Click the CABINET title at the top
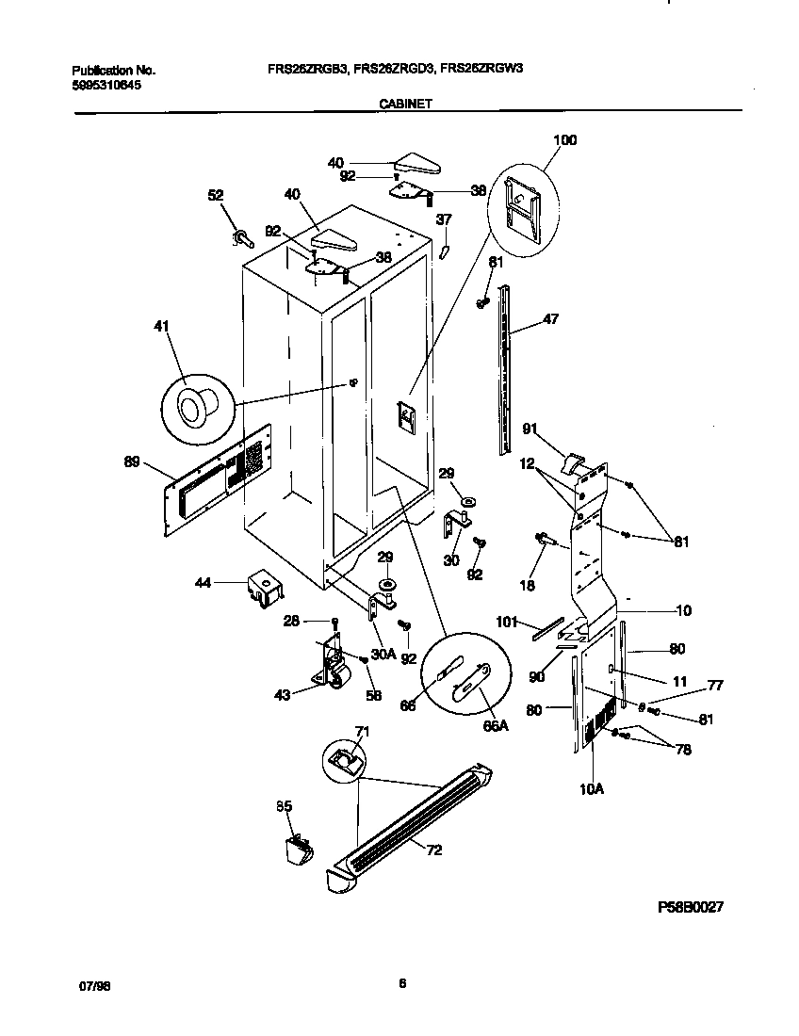pyautogui.click(x=405, y=105)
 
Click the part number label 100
pyautogui.click(x=564, y=140)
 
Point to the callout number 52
pyautogui.click(x=216, y=195)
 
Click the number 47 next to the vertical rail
pyautogui.click(x=550, y=319)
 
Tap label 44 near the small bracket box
pyautogui.click(x=203, y=584)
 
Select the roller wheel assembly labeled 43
pyautogui.click(x=331, y=671)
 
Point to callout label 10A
pyautogui.click(x=591, y=790)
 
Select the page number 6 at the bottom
pyautogui.click(x=401, y=984)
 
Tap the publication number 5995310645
pyautogui.click(x=108, y=84)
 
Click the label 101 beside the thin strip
pyautogui.click(x=507, y=622)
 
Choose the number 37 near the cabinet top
pyautogui.click(x=444, y=219)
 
